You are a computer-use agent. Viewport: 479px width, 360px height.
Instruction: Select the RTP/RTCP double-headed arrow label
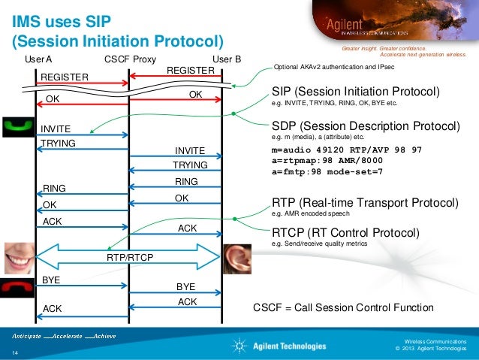pyautogui.click(x=129, y=258)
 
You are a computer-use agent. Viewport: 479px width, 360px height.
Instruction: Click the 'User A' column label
pyautogui.click(x=38, y=59)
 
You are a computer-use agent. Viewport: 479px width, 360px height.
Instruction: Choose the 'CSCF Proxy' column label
pyautogui.click(x=130, y=59)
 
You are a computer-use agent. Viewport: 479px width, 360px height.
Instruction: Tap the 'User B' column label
pyautogui.click(x=227, y=59)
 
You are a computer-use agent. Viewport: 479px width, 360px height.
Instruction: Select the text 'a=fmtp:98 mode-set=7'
pyautogui.click(x=327, y=172)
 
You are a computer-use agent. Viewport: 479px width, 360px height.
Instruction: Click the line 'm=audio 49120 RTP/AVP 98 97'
pyautogui.click(x=346, y=150)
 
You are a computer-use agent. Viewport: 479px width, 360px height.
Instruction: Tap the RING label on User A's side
pyautogui.click(x=56, y=189)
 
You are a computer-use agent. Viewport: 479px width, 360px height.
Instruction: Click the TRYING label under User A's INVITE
pyautogui.click(x=58, y=143)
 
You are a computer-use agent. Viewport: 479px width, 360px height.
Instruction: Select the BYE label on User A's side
pyautogui.click(x=51, y=279)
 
